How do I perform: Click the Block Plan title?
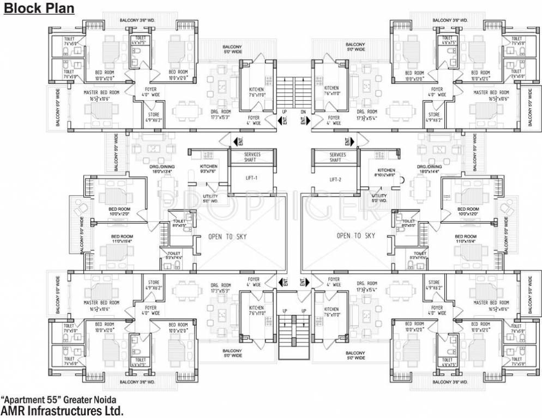coord(39,8)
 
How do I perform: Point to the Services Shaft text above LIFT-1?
coord(252,157)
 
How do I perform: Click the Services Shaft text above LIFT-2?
coord(338,157)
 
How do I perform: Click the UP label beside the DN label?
coord(284,113)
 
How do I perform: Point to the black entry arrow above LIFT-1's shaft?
coord(238,142)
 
